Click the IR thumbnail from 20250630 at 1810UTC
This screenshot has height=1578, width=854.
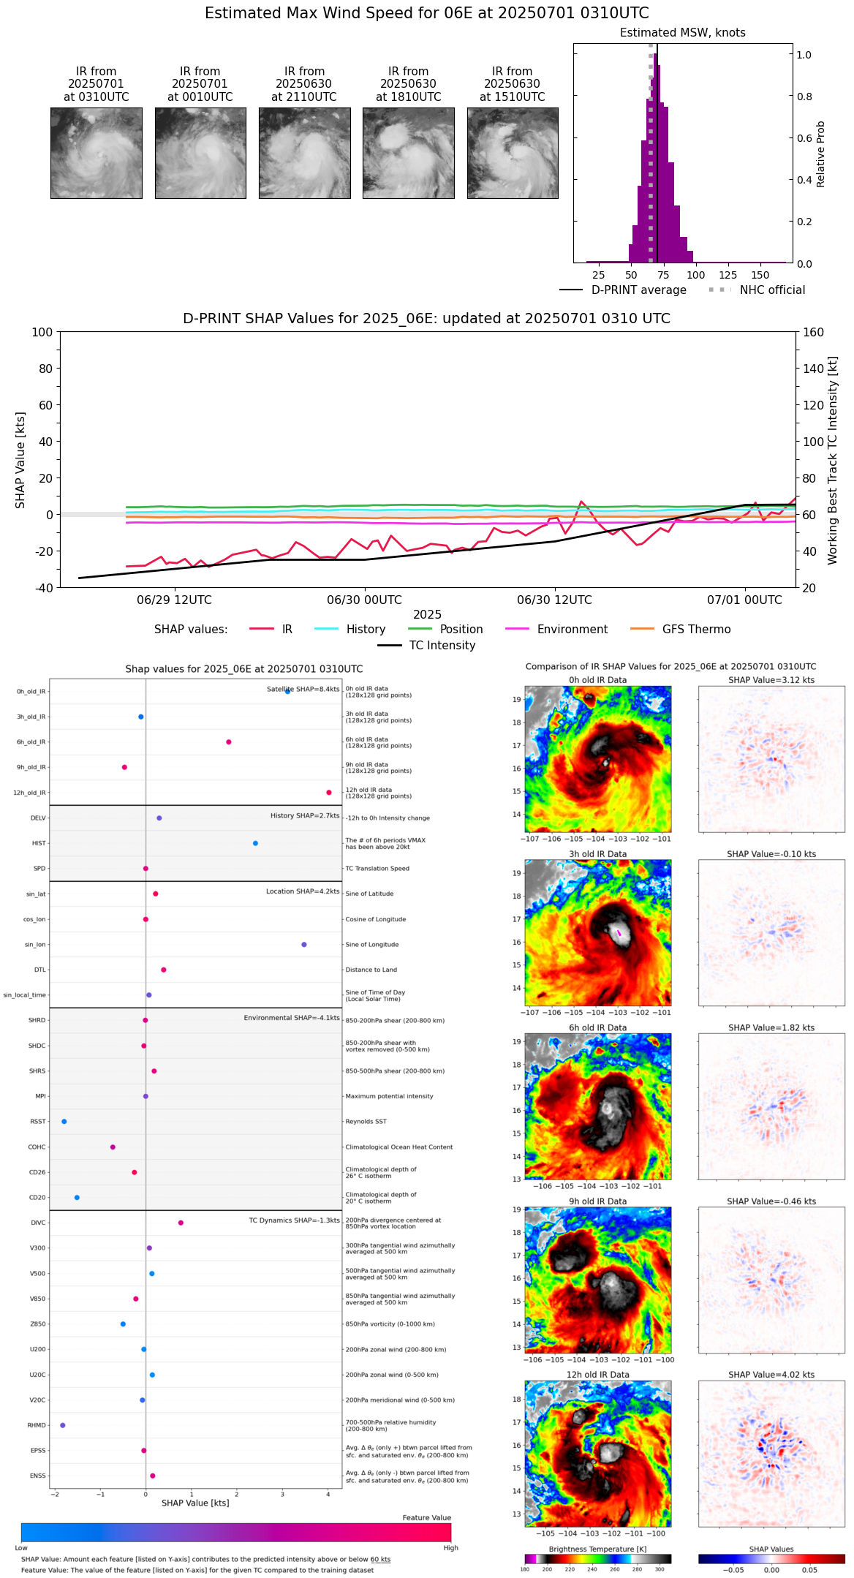click(408, 153)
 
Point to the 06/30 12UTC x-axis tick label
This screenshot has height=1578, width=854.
click(554, 600)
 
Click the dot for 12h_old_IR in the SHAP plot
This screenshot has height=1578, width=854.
click(329, 793)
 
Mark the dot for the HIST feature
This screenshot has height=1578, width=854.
click(255, 843)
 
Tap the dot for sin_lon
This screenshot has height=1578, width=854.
click(304, 945)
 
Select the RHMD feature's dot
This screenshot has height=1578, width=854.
click(63, 1425)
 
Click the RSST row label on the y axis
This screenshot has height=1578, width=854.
click(37, 1122)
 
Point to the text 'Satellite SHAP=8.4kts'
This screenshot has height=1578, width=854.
click(303, 690)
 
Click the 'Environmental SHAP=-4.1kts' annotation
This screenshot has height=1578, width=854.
click(291, 1018)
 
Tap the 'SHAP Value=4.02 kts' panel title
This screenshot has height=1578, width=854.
click(771, 1375)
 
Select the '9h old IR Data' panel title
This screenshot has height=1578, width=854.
click(597, 1201)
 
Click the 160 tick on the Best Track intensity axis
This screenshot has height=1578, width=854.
click(814, 332)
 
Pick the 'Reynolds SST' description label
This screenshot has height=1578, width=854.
click(366, 1122)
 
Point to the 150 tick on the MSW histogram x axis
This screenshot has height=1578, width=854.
click(760, 276)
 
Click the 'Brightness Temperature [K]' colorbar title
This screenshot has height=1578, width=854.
click(597, 1549)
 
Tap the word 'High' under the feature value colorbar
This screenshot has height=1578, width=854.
click(450, 1548)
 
